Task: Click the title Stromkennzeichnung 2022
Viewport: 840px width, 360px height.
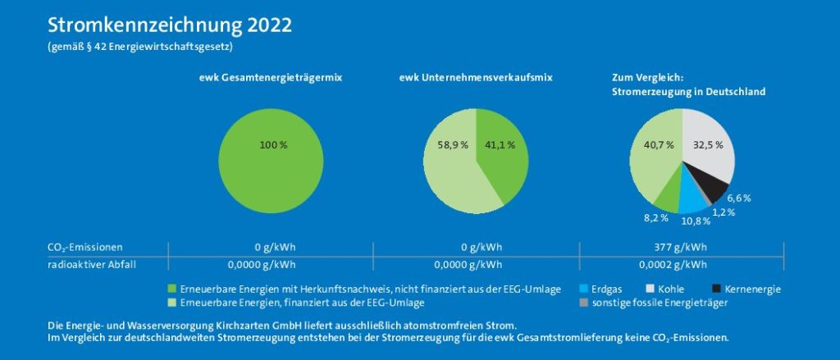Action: [170, 25]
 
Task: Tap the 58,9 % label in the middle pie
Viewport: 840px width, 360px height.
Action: [452, 145]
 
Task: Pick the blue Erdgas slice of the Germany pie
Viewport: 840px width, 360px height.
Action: [692, 200]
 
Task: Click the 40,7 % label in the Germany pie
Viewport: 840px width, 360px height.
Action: [658, 145]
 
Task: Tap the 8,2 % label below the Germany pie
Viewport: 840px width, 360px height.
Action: [651, 218]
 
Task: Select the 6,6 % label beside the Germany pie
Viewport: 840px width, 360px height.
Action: [739, 198]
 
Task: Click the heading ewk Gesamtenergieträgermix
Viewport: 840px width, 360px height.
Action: [270, 77]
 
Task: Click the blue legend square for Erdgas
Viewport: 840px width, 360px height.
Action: [583, 289]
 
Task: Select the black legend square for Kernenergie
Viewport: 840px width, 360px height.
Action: [716, 289]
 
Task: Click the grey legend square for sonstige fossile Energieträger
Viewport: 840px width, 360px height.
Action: [583, 303]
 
